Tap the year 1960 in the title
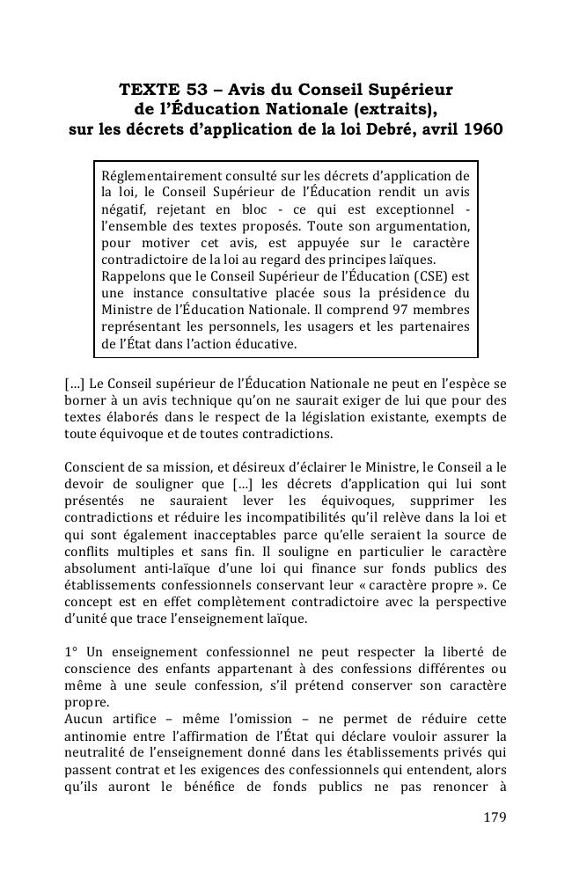[480, 130]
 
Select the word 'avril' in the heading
[434, 130]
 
